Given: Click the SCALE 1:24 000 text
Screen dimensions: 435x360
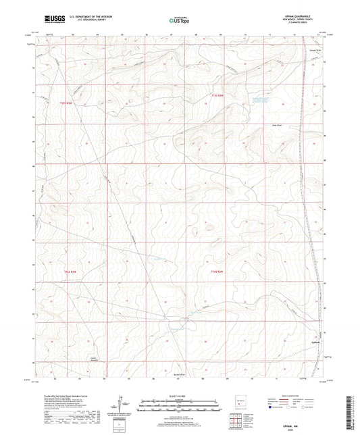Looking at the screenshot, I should [180, 396].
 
